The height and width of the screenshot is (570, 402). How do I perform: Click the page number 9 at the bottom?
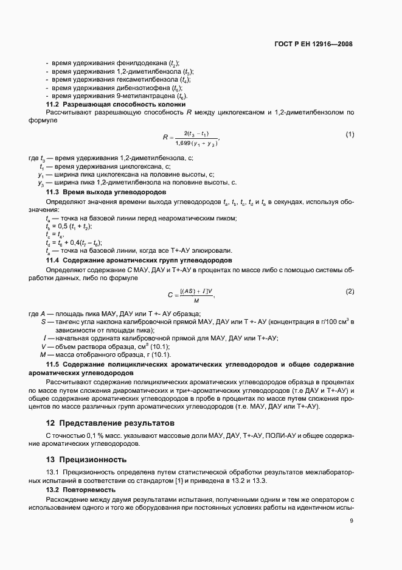[352, 521]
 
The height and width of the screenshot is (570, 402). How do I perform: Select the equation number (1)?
[350, 134]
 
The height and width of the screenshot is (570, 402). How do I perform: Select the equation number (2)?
[350, 291]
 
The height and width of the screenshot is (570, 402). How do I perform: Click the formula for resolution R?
[191, 138]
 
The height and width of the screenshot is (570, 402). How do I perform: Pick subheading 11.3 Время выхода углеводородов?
[99, 192]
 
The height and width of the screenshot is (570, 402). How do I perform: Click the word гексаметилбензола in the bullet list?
[146, 79]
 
